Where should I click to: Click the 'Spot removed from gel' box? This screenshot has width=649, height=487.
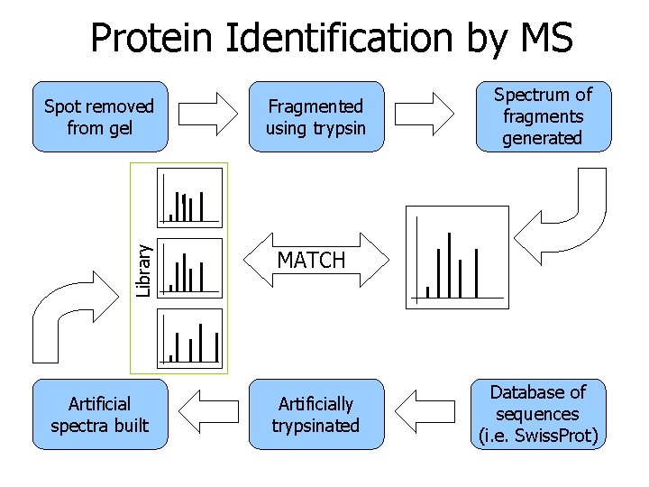point(99,117)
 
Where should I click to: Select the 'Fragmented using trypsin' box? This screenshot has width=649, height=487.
point(315,117)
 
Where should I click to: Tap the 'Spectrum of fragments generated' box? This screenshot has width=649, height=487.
point(543,116)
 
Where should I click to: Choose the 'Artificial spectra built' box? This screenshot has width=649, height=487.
point(99,414)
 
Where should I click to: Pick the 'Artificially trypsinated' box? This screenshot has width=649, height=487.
point(315,414)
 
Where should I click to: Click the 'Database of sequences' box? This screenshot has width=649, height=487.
point(539,414)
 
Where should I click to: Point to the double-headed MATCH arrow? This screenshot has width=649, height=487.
point(311,261)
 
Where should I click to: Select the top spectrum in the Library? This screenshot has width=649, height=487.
point(189,196)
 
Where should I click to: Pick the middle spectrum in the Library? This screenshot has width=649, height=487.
point(189,267)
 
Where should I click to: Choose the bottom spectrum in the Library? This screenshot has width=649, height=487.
point(189,337)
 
